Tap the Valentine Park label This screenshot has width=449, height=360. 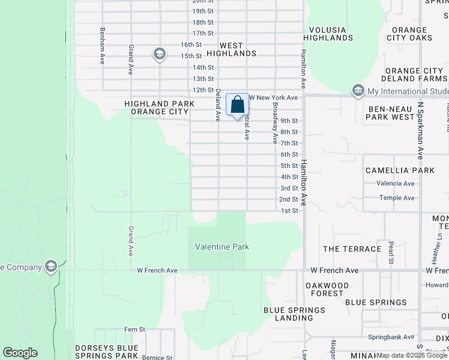pyautogui.click(x=222, y=247)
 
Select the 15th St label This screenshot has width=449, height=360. pyautogui.click(x=191, y=56)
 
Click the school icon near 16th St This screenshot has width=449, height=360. pyautogui.click(x=159, y=55)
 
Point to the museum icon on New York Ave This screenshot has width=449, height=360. pyautogui.click(x=358, y=91)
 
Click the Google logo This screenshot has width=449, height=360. pyautogui.click(x=20, y=353)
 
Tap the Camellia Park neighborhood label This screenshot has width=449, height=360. pyautogui.click(x=400, y=170)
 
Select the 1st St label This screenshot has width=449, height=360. pyautogui.click(x=289, y=211)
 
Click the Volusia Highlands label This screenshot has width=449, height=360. pyautogui.click(x=331, y=34)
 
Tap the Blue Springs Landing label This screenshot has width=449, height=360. pyautogui.click(x=294, y=314)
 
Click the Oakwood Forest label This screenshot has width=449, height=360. pyautogui.click(x=327, y=289)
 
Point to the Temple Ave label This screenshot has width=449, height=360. pyautogui.click(x=396, y=198)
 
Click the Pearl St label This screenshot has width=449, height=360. pyautogui.click(x=391, y=253)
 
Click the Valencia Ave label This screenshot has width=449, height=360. pyautogui.click(x=396, y=184)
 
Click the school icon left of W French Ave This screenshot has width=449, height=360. pyautogui.click(x=51, y=267)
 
